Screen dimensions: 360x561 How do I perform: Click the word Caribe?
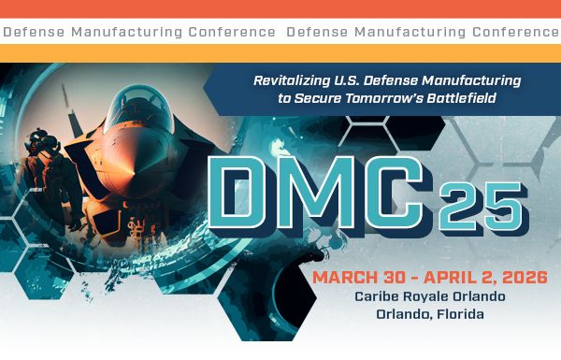377,296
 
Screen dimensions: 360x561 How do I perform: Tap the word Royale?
429,296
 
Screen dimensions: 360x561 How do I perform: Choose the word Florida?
455,314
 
